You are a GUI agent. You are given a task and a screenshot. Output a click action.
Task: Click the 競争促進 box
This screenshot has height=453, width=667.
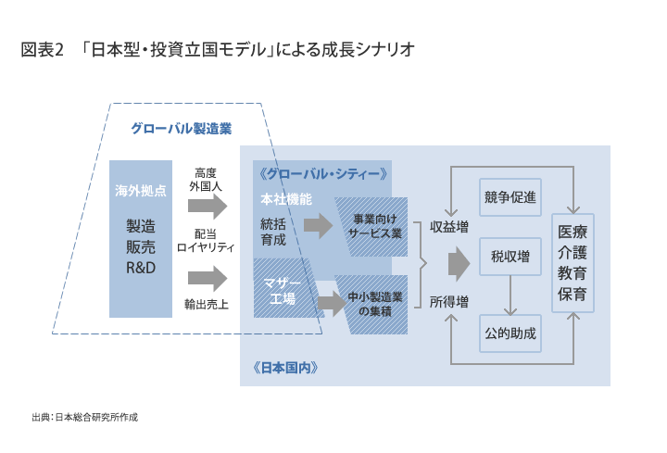(x=510, y=197)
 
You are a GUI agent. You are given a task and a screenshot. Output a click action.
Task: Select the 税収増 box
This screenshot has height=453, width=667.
(x=510, y=257)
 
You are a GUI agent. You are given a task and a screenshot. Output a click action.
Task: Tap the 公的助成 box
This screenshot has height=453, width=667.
(x=510, y=333)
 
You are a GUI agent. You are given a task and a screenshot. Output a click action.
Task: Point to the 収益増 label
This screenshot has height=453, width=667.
(x=448, y=227)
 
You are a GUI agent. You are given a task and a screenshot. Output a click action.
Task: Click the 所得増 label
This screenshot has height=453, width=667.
(x=448, y=302)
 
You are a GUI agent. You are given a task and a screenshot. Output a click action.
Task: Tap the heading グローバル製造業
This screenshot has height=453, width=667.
(x=182, y=129)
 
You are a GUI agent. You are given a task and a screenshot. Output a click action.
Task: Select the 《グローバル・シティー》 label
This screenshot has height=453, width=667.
(x=323, y=174)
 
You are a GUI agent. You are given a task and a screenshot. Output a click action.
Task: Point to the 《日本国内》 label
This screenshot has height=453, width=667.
(x=285, y=368)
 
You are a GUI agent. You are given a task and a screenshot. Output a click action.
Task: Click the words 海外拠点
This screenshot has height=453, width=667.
(x=141, y=191)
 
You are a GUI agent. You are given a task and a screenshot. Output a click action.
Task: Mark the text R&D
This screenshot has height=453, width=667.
(x=141, y=268)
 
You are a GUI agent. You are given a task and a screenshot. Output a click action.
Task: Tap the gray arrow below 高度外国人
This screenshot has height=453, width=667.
(x=208, y=207)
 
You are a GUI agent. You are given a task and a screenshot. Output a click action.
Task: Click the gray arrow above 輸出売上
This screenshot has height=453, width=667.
(x=208, y=279)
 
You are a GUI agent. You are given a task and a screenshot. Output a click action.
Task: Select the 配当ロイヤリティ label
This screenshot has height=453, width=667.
(x=206, y=241)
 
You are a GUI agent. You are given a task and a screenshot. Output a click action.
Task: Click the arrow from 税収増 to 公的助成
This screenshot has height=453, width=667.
(x=510, y=296)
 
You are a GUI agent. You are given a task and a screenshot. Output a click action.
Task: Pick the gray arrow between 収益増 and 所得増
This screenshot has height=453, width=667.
(x=459, y=264)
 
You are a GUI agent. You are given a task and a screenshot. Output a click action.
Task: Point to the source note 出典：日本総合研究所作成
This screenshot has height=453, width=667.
(x=85, y=417)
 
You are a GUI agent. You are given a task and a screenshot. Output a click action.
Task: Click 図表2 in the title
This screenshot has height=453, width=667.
(x=42, y=50)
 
